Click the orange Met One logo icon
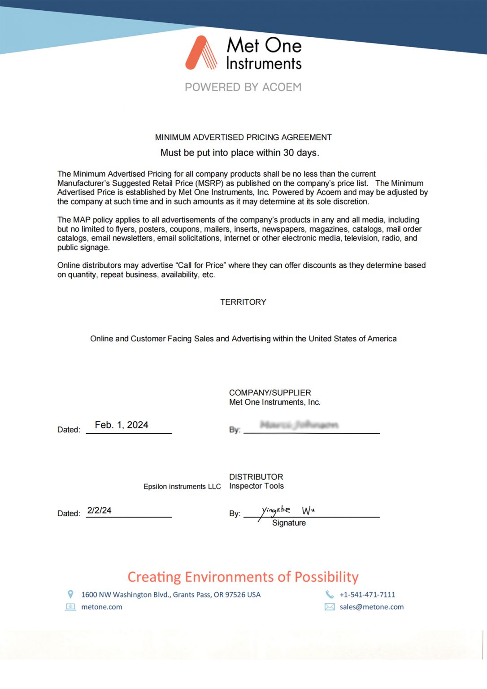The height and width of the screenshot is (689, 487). coord(201,53)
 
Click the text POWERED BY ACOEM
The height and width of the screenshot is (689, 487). coord(243,87)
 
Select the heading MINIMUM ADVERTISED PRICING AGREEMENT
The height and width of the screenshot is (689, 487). coord(243,137)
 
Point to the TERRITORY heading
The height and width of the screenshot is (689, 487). coord(243,302)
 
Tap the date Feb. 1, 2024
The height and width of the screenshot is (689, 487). coord(122,425)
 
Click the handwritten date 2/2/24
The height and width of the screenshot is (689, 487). coord(100,510)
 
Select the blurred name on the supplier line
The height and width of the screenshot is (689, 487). coord(299,425)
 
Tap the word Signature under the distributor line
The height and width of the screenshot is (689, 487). coord(289,523)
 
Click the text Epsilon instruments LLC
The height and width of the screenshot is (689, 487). coord(182,487)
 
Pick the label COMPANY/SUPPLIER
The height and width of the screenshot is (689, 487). coord(270,392)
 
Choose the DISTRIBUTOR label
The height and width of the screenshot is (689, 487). coord(256,477)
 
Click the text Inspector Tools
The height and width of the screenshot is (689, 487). coord(257,486)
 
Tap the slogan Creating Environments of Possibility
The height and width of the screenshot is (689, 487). coord(243,577)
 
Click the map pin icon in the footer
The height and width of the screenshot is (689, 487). coord(70,594)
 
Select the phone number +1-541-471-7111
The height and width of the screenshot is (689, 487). coord(367,595)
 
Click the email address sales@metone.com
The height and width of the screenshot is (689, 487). coord(371,607)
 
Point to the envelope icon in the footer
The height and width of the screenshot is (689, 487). coord(330,607)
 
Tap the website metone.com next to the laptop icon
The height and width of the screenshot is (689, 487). coord(102,607)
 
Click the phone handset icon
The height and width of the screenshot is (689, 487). coord(330,594)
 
